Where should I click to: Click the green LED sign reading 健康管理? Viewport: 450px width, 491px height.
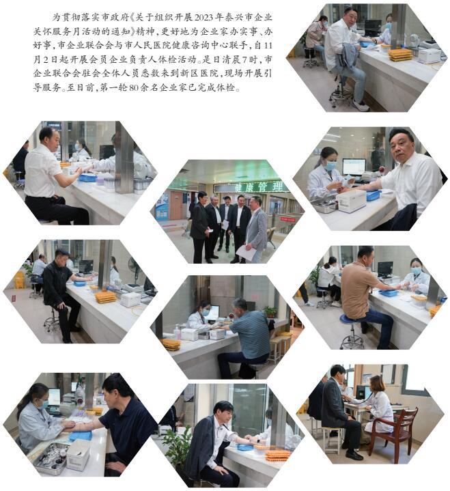[259, 187]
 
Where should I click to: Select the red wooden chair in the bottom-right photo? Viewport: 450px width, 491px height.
[395, 434]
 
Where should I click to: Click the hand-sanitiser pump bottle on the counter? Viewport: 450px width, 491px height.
[178, 333]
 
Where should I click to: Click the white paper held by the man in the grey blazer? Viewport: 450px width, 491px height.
[247, 253]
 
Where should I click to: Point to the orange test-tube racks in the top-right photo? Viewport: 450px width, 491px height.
[401, 54]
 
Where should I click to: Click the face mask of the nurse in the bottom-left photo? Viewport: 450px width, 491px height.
[44, 404]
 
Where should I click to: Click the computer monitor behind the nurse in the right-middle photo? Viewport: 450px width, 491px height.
[354, 166]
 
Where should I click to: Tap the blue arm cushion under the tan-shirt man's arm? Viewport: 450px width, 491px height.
[389, 293]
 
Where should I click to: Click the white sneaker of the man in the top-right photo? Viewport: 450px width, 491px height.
[361, 106]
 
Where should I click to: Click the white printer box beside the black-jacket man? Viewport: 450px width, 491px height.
[130, 299]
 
